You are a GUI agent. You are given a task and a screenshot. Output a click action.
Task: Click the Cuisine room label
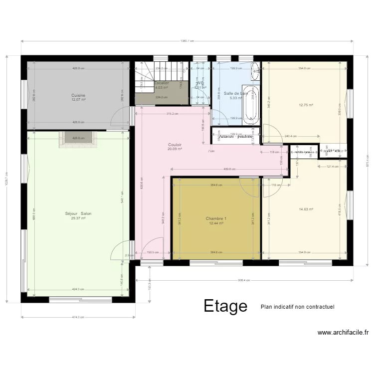[78, 95]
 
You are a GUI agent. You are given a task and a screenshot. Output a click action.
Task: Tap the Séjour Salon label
[78, 213]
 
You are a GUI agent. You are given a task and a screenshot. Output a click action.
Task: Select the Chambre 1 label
[216, 219]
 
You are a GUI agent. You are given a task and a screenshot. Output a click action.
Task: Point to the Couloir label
[175, 145]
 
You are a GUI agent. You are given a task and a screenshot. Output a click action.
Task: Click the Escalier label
[162, 83]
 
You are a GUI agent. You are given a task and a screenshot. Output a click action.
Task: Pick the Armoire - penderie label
[236, 136]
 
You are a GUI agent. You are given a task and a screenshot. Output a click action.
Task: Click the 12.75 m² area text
[306, 105]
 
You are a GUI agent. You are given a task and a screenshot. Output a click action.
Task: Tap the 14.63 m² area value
[306, 209]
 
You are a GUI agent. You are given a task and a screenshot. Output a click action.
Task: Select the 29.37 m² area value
[78, 218]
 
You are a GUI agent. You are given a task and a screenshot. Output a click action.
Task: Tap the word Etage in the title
[225, 306]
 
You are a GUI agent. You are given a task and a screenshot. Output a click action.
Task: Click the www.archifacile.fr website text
[343, 333]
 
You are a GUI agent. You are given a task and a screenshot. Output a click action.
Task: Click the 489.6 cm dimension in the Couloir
[229, 170]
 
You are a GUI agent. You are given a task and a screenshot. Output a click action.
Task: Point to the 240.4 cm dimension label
[291, 136]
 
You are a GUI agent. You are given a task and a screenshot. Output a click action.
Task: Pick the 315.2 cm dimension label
[172, 114]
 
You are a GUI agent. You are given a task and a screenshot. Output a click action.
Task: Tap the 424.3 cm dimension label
[78, 289]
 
